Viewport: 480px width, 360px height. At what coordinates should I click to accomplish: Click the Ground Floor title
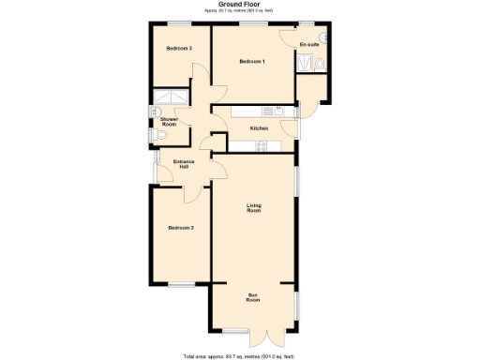pyautogui.click(x=239, y=5)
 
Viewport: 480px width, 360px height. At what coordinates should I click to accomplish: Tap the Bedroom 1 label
pyautogui.click(x=252, y=62)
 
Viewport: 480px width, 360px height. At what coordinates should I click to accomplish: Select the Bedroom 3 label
pyautogui.click(x=179, y=48)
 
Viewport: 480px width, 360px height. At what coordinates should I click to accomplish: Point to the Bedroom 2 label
pyautogui.click(x=181, y=228)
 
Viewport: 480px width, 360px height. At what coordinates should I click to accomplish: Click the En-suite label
pyautogui.click(x=309, y=45)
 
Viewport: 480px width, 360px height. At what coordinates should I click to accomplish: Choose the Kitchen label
pyautogui.click(x=259, y=128)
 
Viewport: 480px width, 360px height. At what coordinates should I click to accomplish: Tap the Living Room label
pyautogui.click(x=253, y=208)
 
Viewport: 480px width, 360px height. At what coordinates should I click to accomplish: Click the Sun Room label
pyautogui.click(x=253, y=299)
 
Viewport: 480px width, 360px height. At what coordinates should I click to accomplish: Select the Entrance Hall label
pyautogui.click(x=185, y=165)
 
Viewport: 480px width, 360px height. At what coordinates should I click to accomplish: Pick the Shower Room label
pyautogui.click(x=169, y=122)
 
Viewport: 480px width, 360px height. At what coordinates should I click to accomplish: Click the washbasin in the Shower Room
pyautogui.click(x=155, y=112)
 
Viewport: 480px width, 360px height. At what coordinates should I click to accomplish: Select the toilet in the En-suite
pyautogui.click(x=320, y=64)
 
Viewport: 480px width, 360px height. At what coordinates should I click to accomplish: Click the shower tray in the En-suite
pyautogui.click(x=304, y=63)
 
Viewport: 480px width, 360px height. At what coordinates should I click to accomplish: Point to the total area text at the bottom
pyautogui.click(x=239, y=355)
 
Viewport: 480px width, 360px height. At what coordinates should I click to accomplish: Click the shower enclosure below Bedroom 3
pyautogui.click(x=170, y=97)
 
